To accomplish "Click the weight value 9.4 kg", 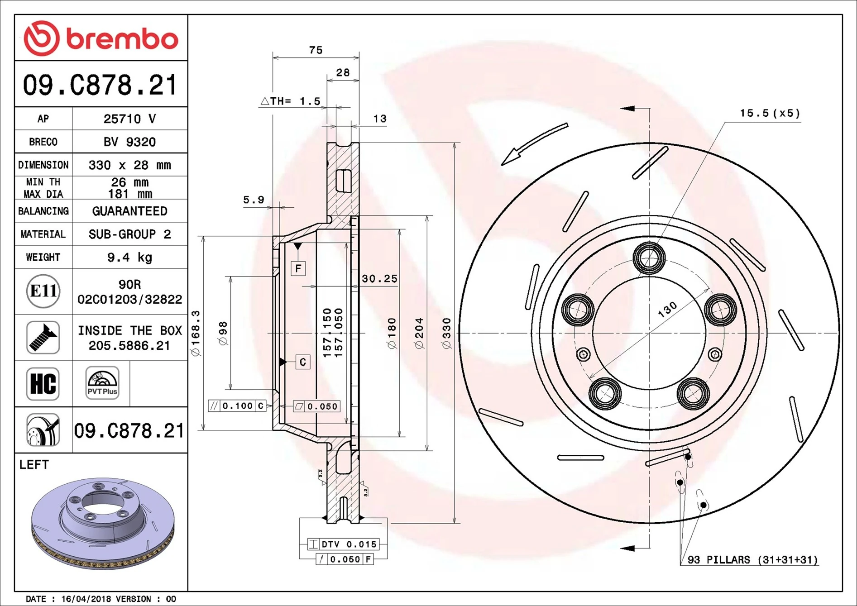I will coord(129,258).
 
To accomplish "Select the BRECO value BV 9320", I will coord(129,142).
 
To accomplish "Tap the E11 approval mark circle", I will coord(43,291).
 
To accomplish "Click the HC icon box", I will coord(43,384).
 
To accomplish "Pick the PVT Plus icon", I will coord(102,383).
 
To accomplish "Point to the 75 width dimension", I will coord(316,50).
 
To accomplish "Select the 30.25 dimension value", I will coord(379,279).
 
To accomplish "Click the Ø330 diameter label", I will coord(447,333).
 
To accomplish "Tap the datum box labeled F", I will coord(298,268).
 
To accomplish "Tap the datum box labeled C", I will coord(302,362).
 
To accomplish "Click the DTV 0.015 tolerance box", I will coord(343,544).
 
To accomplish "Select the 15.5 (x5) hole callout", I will coord(770,113).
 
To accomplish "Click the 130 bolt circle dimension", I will coord(667,309).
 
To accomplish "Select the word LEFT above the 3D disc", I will coord(34,465).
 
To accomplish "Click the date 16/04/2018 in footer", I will coord(86,599).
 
